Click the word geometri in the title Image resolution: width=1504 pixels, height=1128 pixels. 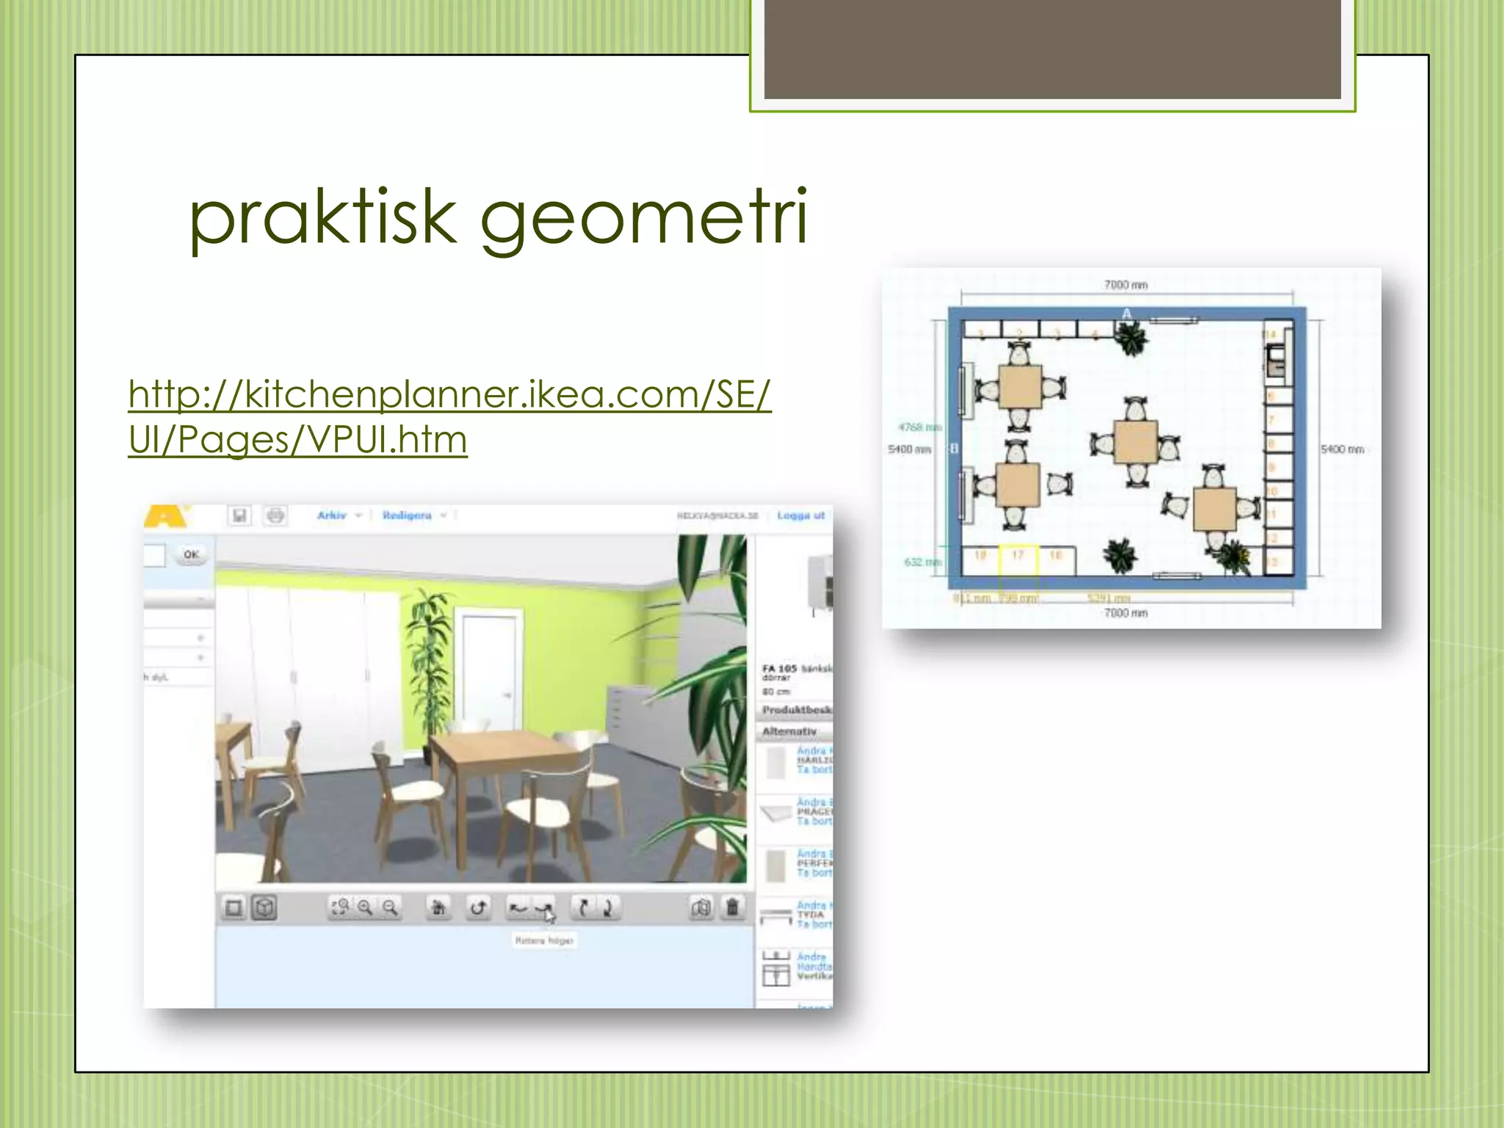643,217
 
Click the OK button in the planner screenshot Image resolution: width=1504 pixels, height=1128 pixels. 191,554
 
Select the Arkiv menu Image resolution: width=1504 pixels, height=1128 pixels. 332,516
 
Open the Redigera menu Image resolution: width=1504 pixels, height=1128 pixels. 408,516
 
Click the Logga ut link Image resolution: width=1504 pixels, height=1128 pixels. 800,516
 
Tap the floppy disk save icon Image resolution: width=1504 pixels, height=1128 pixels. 239,516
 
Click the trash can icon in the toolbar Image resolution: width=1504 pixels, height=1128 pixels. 732,908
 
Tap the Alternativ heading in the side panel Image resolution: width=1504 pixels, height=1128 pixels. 789,731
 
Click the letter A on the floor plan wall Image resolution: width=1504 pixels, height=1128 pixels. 1127,314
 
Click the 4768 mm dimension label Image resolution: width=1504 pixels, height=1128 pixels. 919,427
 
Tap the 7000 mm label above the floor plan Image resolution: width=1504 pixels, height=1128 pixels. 1126,285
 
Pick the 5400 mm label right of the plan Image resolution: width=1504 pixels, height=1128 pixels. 1342,449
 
